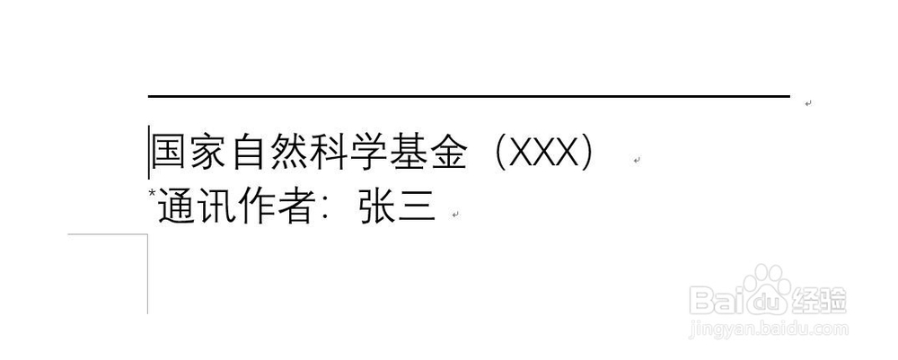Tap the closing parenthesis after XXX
coord(587,153)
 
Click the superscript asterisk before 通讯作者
coord(153,192)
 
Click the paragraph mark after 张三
coord(455,215)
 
